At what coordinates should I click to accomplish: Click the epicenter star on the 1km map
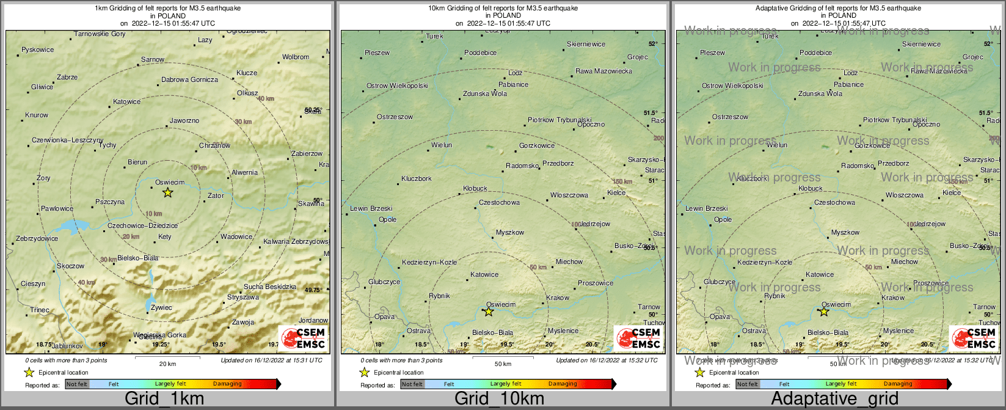click(168, 192)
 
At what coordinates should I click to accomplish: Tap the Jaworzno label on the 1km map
click(184, 121)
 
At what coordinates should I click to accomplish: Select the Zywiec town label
click(162, 307)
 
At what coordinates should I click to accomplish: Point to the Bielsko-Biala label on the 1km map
click(137, 258)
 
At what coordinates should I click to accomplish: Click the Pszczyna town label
click(110, 202)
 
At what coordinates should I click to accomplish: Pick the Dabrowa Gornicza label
click(189, 79)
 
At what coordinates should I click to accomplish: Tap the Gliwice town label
click(42, 87)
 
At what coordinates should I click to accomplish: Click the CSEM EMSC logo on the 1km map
click(303, 338)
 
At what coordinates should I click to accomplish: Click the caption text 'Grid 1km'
click(164, 399)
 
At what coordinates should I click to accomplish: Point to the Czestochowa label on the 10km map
click(499, 202)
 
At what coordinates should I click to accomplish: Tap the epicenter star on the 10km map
click(489, 312)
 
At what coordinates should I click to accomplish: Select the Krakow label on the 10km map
click(558, 298)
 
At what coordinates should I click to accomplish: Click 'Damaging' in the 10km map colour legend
click(563, 384)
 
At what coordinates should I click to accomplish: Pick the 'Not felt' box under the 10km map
click(412, 384)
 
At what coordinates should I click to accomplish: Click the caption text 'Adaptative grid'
click(834, 399)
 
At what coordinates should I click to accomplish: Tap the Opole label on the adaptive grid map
click(723, 219)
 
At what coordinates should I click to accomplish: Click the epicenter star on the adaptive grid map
click(824, 312)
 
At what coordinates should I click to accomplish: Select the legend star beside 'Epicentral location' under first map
click(29, 372)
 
